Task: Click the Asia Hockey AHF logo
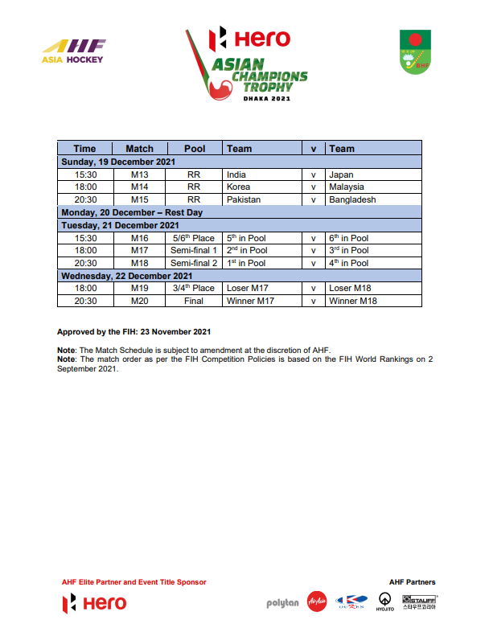pyautogui.click(x=72, y=51)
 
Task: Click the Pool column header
pyautogui.click(x=195, y=149)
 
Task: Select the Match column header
pyautogui.click(x=139, y=149)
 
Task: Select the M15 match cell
pyautogui.click(x=139, y=199)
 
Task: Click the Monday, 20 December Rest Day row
pyautogui.click(x=132, y=212)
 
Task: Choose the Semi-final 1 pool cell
pyautogui.click(x=194, y=250)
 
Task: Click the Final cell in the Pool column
pyautogui.click(x=194, y=301)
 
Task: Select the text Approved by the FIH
pyautogui.click(x=134, y=331)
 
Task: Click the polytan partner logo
pyautogui.click(x=282, y=603)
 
